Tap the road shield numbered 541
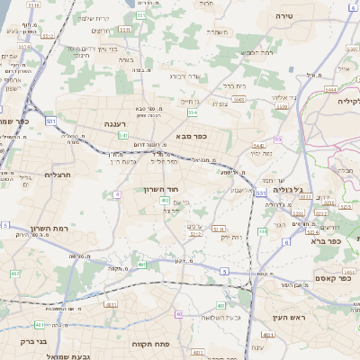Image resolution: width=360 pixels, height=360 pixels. [122, 136]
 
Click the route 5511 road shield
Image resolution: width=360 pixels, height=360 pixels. [124, 29]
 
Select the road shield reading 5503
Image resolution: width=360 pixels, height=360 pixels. [238, 99]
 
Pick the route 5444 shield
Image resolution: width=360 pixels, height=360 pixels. [331, 90]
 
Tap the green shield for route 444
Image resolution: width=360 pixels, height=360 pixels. [263, 231]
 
